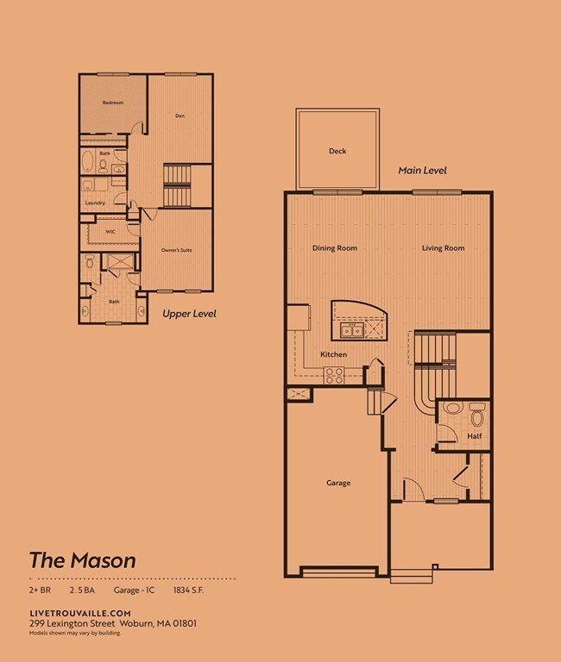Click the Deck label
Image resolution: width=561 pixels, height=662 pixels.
337,152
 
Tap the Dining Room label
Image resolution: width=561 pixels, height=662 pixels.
334,248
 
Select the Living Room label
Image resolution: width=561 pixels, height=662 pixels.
443,248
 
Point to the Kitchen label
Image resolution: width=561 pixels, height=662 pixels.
333,355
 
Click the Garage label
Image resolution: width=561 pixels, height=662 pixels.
338,483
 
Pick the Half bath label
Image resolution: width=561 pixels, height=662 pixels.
474,436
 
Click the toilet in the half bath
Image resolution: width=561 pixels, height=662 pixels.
476,416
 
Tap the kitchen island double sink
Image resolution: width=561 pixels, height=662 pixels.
351,330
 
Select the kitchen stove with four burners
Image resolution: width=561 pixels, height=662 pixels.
334,375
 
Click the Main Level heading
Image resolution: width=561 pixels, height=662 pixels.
422,171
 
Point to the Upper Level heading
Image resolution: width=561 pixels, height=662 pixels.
189,315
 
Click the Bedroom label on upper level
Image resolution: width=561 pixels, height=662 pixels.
113,103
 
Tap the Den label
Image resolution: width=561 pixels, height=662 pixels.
180,116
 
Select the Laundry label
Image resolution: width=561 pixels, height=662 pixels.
95,203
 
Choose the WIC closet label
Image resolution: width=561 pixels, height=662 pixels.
110,231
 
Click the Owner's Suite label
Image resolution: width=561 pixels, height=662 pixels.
175,251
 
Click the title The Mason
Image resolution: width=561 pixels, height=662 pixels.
83,559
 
